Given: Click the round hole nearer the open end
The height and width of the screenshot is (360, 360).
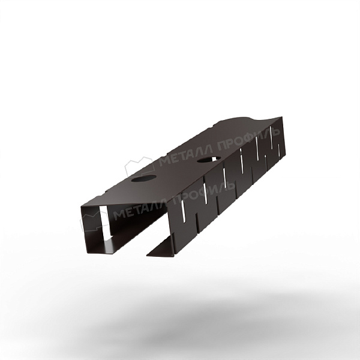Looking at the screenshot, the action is click(144, 178).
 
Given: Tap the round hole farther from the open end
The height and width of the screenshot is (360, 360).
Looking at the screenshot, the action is click(209, 159).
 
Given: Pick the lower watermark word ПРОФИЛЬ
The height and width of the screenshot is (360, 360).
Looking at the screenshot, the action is click(204, 192).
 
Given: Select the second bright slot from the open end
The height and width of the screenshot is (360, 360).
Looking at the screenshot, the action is click(205, 194).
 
